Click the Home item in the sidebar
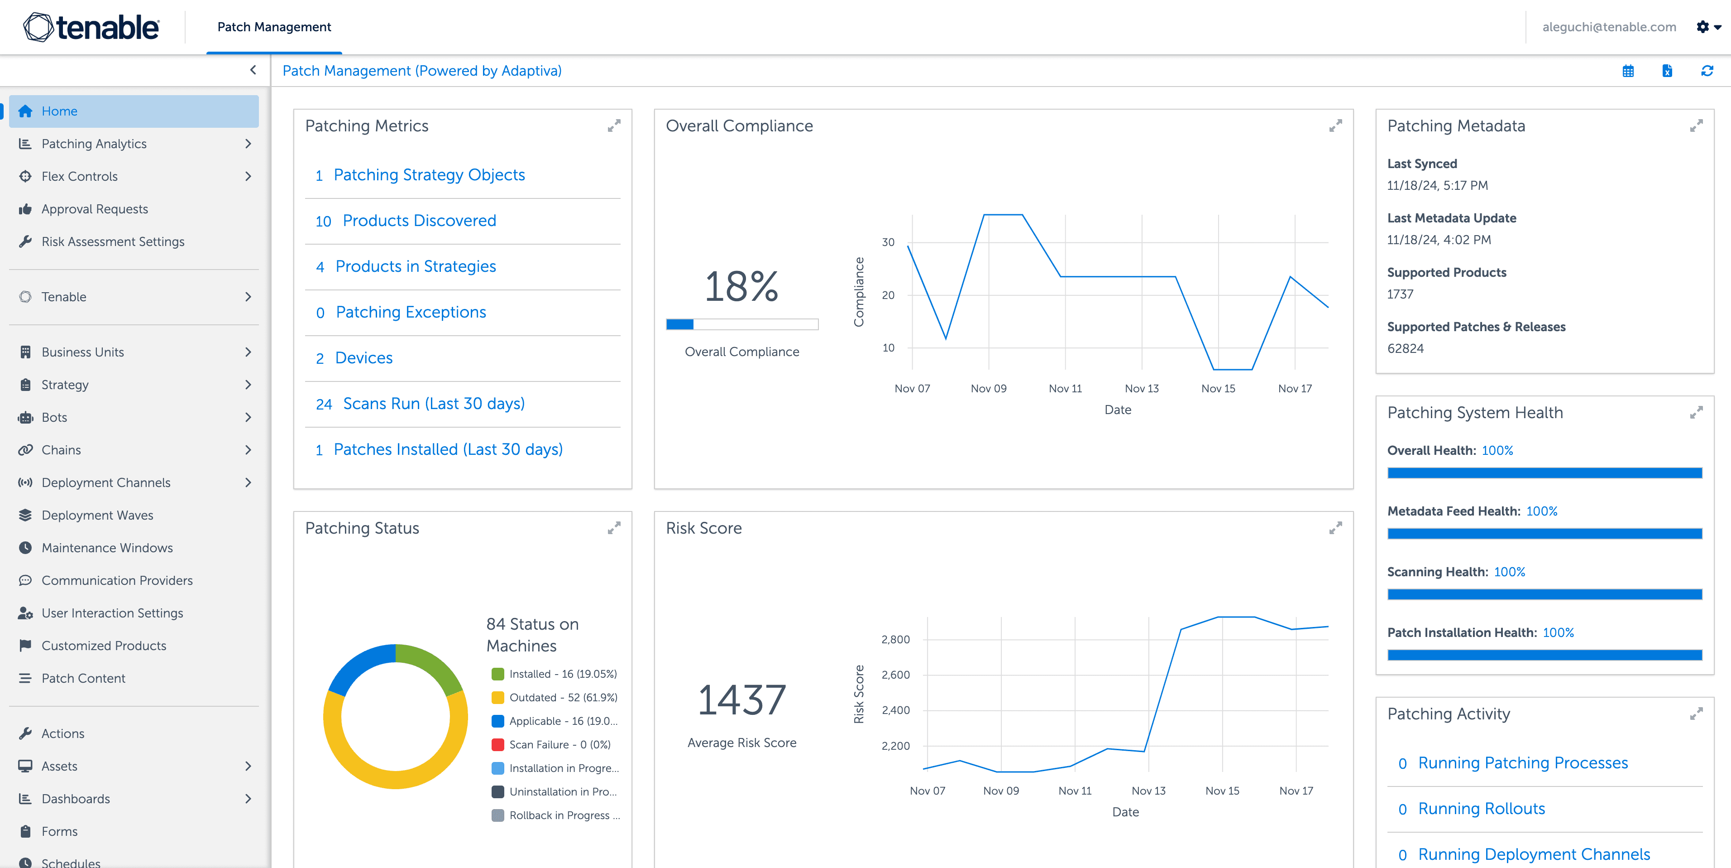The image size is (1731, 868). (x=59, y=111)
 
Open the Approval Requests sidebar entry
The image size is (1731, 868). (x=94, y=209)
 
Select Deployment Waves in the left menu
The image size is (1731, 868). (x=97, y=515)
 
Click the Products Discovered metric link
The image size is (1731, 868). (x=419, y=221)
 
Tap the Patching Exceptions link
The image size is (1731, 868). (x=411, y=312)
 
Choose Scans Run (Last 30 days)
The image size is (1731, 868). (x=433, y=403)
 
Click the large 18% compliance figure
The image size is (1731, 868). (x=741, y=286)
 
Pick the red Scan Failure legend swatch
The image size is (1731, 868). (x=498, y=744)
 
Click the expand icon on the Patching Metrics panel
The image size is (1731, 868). (x=613, y=126)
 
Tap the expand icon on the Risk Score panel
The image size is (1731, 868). (x=1335, y=529)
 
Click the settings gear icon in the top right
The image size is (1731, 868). (x=1702, y=27)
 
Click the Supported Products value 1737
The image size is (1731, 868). (x=1401, y=294)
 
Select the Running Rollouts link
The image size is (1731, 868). (x=1481, y=809)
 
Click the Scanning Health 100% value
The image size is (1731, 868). (x=1509, y=572)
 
